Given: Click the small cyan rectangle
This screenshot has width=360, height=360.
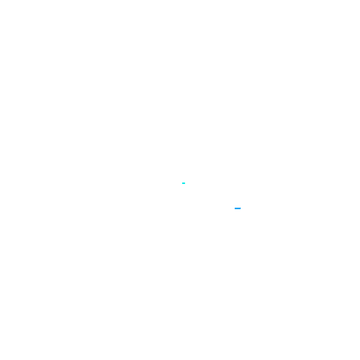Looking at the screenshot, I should tap(184, 183).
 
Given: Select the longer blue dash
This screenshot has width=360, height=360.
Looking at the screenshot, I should tap(238, 208).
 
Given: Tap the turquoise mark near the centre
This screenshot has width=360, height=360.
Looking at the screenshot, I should tap(184, 183).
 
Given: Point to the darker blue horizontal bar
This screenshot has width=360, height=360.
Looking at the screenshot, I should tap(238, 208).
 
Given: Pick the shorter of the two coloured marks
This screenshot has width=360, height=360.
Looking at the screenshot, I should tap(184, 183).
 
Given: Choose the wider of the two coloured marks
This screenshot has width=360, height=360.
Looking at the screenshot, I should tap(238, 208).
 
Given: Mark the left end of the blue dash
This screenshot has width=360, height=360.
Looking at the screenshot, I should tap(235, 208).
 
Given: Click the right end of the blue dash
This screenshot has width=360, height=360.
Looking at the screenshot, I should tap(240, 208).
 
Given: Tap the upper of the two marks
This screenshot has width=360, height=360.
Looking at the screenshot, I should tap(184, 183).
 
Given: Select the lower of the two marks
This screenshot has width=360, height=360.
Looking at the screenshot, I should tap(238, 208).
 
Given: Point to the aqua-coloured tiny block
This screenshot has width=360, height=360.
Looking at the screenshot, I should tap(184, 183).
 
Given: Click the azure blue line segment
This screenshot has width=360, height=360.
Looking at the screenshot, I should tap(238, 208).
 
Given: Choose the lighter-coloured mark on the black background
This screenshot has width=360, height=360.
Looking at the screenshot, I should tap(184, 183).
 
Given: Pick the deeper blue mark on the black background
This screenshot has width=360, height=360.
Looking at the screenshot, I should tap(238, 208).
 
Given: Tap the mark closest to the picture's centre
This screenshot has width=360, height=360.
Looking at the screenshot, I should tap(184, 183).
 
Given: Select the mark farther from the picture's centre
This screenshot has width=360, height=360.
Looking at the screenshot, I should tap(238, 208).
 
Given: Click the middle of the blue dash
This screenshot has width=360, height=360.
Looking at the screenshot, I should tap(238, 208).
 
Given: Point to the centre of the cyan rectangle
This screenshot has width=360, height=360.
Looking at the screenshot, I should tap(184, 183).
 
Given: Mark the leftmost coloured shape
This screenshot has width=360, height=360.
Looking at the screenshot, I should tap(184, 183).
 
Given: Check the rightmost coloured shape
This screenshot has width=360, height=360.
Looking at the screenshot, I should tap(238, 208).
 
